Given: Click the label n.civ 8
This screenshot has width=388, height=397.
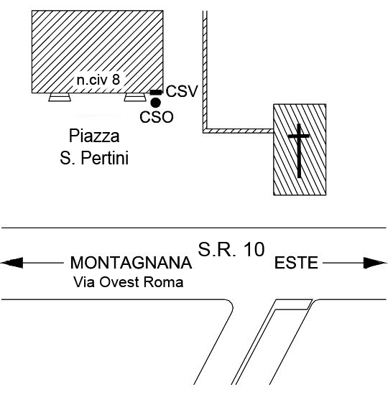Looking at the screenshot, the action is point(98,80).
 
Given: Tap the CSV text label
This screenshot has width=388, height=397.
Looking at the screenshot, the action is point(182,91).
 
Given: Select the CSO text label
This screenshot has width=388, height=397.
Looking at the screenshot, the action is point(157,117).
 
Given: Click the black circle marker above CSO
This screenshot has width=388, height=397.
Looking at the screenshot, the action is point(156,103).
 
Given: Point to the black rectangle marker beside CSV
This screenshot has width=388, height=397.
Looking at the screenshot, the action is point(156,93).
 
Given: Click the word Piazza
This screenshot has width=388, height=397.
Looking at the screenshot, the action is point(94,136).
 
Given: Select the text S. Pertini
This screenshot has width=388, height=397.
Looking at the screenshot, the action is point(94,158).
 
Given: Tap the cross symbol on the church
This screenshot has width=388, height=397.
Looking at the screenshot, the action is point(299,151).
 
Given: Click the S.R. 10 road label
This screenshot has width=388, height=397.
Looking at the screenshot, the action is point(231,249).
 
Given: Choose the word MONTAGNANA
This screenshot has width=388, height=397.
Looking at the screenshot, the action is point(131,263).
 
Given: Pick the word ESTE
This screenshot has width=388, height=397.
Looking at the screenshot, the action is point(296,263).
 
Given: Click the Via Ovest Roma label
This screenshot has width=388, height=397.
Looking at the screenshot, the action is point(129,282).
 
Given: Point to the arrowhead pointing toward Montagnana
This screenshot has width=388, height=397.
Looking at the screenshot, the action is point(11,263).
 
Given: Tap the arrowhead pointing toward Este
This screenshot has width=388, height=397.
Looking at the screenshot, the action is point(374,263).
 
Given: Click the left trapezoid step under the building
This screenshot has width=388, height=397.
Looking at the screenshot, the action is point(60,97).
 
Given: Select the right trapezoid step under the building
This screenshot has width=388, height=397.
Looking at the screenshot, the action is point(135,97).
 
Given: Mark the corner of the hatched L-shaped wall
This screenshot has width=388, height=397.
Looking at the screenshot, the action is point(205,131).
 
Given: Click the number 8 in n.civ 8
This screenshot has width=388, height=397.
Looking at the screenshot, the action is point(116,80).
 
